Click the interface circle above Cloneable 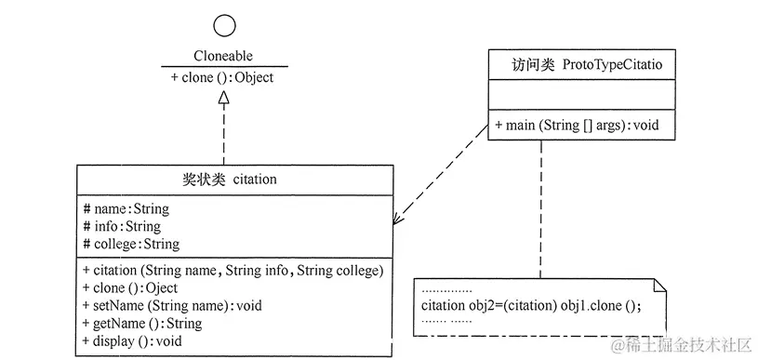click(x=224, y=26)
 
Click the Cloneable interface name click(x=224, y=56)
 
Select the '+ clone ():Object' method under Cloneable click(x=222, y=78)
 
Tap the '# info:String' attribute click(x=121, y=226)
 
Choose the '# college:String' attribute click(x=131, y=244)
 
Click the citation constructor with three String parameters click(x=233, y=271)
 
